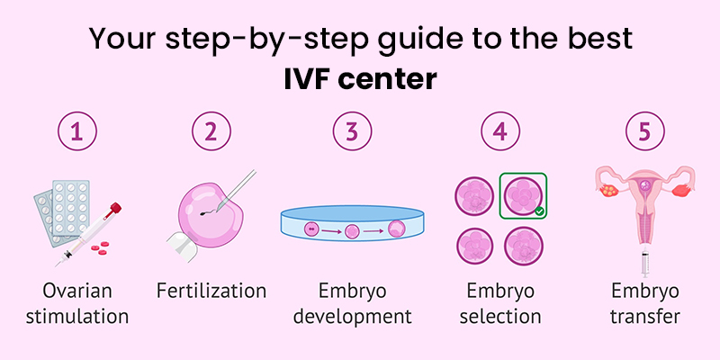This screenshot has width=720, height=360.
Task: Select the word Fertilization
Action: click(212, 291)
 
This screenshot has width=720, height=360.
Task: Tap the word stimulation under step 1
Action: click(77, 316)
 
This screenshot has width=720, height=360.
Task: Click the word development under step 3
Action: click(352, 316)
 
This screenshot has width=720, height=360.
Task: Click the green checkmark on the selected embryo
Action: click(538, 211)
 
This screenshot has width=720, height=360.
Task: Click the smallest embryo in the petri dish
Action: click(310, 230)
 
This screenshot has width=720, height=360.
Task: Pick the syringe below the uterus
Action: click(644, 259)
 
